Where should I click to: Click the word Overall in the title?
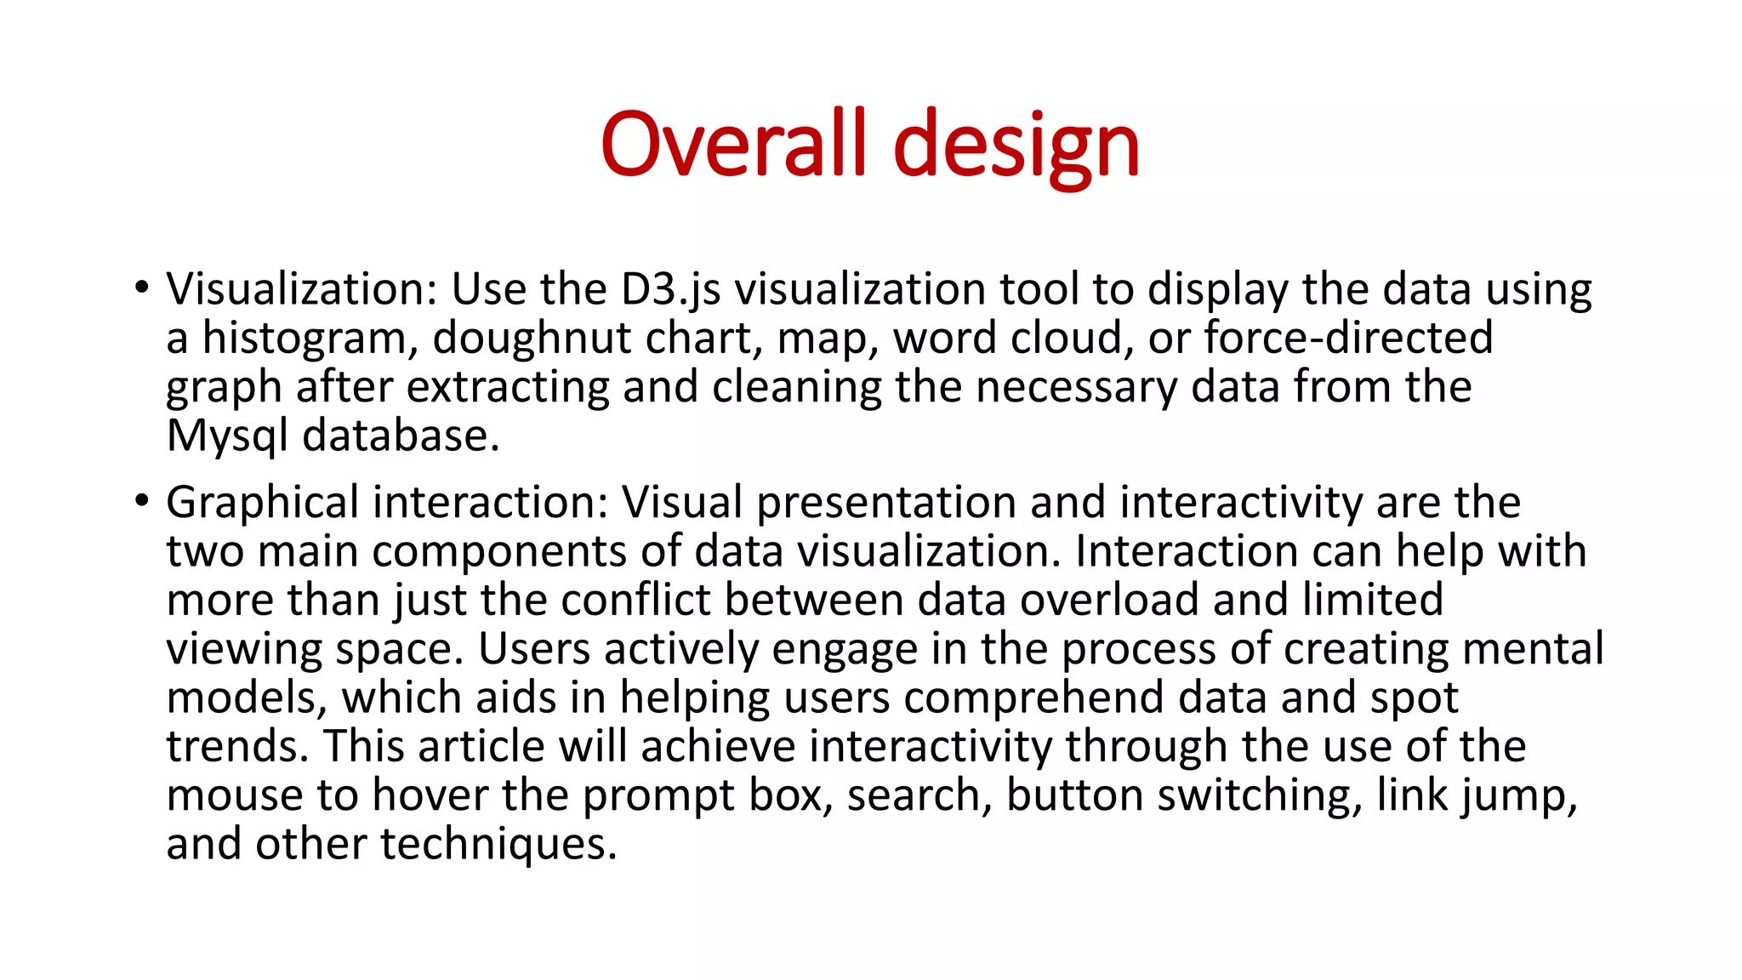click(x=733, y=145)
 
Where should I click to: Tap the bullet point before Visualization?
click(x=141, y=286)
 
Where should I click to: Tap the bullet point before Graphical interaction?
click(x=141, y=499)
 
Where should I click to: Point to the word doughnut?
click(x=532, y=339)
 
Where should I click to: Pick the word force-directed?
click(x=1348, y=338)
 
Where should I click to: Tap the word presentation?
click(x=886, y=503)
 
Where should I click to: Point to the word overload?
click(x=1109, y=600)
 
